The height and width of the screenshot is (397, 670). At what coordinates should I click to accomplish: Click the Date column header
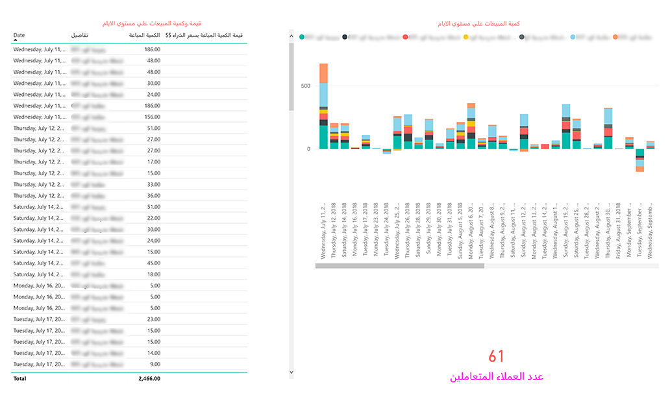[19, 35]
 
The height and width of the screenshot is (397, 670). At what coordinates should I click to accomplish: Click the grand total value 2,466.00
[149, 378]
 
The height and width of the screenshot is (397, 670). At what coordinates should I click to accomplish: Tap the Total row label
[20, 378]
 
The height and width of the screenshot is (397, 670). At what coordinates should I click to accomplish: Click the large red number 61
[497, 356]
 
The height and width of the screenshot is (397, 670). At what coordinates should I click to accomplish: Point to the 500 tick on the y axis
[305, 86]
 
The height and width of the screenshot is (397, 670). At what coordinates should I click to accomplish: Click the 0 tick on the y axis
[309, 149]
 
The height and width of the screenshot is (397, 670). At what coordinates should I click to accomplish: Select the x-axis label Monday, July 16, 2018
[355, 230]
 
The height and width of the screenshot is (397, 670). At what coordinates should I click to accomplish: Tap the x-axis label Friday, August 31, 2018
[619, 230]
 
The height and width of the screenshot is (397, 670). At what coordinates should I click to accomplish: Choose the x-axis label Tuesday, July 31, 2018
[450, 230]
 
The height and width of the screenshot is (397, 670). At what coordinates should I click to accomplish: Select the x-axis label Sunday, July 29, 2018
[429, 230]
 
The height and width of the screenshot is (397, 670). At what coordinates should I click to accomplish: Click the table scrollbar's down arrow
[291, 373]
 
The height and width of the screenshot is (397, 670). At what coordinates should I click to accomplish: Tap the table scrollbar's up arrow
[291, 36]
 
